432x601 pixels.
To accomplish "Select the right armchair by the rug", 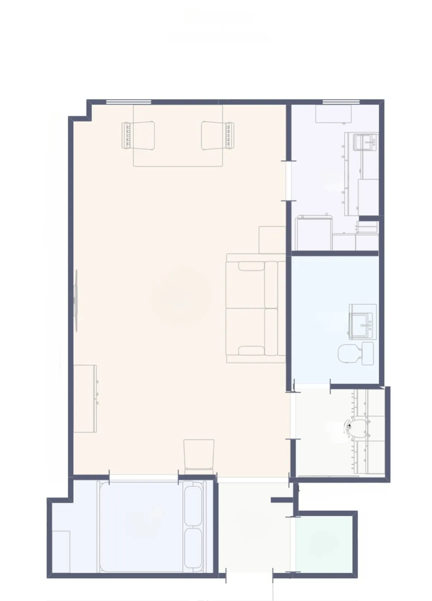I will point(217,135).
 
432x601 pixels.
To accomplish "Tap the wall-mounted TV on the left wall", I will point(76,300).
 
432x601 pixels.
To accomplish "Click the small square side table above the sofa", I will point(272,240).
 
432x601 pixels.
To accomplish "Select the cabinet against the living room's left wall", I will point(85,398).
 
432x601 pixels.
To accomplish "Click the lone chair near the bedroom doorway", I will point(199,456).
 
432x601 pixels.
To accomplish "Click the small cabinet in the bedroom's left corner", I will point(61,552).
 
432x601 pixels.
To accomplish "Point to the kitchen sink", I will point(365,142).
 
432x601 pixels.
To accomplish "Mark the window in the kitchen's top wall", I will point(341,102).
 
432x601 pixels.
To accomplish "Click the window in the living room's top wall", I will point(128,102).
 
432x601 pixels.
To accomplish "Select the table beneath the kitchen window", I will point(333,114).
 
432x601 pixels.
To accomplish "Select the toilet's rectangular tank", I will point(367,353).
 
